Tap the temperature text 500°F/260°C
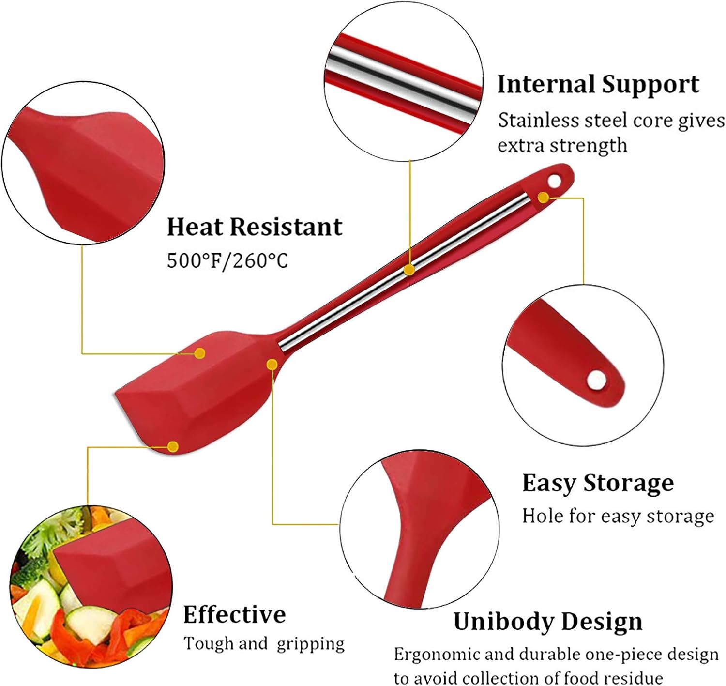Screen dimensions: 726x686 pyautogui.click(x=227, y=261)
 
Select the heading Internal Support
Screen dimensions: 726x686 pyautogui.click(x=598, y=84)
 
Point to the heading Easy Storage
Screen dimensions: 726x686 pyautogui.click(x=598, y=484)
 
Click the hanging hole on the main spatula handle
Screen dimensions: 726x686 pyautogui.click(x=555, y=181)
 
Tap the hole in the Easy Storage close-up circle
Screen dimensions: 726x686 pyautogui.click(x=596, y=380)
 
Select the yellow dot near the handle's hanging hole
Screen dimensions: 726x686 pyautogui.click(x=544, y=198)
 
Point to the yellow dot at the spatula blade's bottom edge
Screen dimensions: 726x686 pyautogui.click(x=173, y=446)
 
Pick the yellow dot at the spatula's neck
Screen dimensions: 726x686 pyautogui.click(x=272, y=364)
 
